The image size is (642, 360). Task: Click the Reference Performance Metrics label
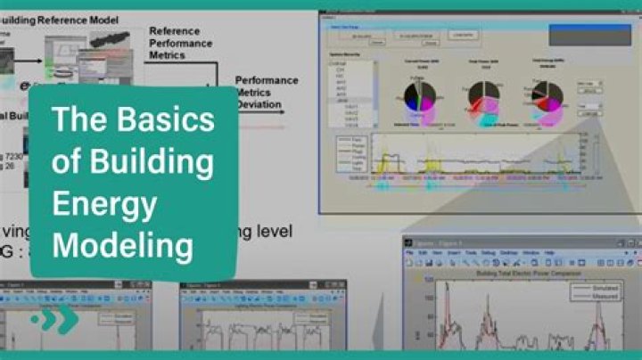click(x=179, y=42)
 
